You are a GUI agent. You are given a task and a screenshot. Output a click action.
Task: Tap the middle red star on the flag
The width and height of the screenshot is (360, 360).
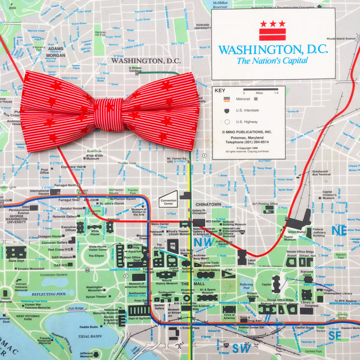pos(272,23)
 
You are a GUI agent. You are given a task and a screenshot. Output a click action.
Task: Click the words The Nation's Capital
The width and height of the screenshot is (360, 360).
pos(272,61)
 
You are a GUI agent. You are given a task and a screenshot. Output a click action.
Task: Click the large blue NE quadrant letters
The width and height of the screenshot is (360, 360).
pos(340,231)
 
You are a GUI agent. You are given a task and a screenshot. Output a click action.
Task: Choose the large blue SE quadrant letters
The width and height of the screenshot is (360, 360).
pos(334,337)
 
